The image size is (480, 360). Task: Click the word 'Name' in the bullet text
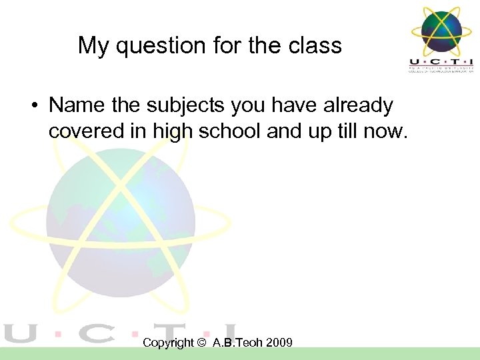click(x=76, y=105)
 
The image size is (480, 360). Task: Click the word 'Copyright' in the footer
click(x=167, y=343)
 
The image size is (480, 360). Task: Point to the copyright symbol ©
click(x=201, y=343)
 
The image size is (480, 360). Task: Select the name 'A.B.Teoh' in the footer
click(x=237, y=343)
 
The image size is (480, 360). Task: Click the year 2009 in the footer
click(x=279, y=343)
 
